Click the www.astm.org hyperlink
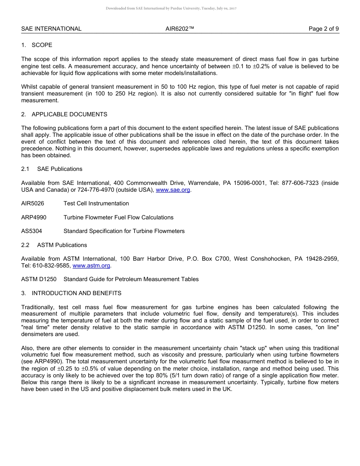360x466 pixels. coord(91,266)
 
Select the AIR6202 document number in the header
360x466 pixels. coord(180,29)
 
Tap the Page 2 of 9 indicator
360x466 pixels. coord(324,29)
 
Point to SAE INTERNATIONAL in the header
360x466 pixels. coord(51,29)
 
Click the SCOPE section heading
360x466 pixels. coord(42,45)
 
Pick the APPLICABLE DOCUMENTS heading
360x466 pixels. coord(69,114)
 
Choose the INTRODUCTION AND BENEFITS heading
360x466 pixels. coord(77,293)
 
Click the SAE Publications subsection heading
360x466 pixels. coord(59,169)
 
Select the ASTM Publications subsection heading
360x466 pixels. coord(62,245)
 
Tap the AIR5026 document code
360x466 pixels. coord(33,203)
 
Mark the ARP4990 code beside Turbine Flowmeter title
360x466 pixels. coord(34,217)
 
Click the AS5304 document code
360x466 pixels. coord(31,231)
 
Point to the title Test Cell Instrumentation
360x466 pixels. coord(96,203)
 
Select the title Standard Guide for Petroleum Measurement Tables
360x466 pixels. coord(131,279)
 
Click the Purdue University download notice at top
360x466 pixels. coord(171,8)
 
